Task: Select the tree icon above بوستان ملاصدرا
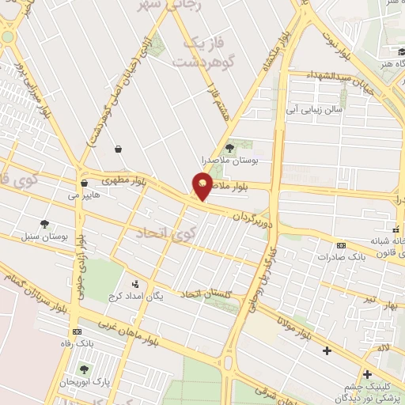229,147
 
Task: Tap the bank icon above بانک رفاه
77,332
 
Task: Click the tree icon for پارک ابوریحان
83,369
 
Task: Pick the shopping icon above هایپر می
83,183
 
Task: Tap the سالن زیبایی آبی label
316,110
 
